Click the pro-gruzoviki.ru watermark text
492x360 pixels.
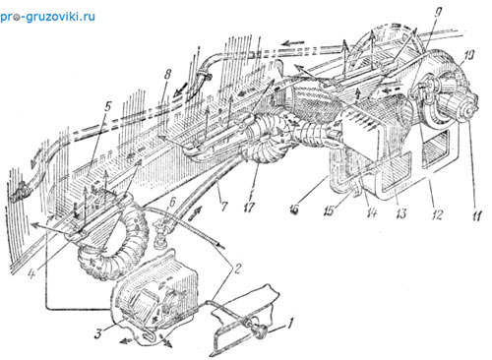(x=48, y=17)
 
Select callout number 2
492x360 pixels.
(x=237, y=269)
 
